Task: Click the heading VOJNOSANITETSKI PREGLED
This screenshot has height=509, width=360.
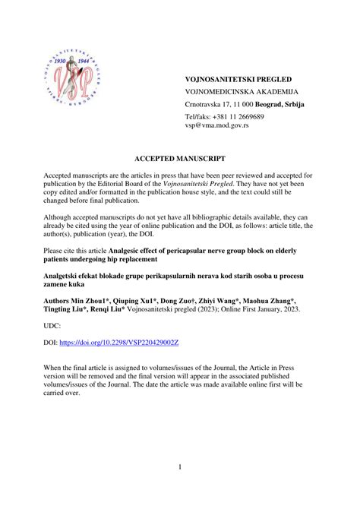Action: click(x=238, y=79)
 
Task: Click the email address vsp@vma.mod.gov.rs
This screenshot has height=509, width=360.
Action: click(x=216, y=125)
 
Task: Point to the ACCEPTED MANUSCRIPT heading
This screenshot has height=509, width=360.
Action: click(x=180, y=160)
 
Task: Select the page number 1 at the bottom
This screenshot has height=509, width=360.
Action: click(x=180, y=466)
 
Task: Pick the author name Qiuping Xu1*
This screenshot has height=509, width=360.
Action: click(x=139, y=302)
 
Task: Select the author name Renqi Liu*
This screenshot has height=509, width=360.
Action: click(x=110, y=310)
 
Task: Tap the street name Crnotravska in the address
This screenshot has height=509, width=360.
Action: click(x=206, y=103)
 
